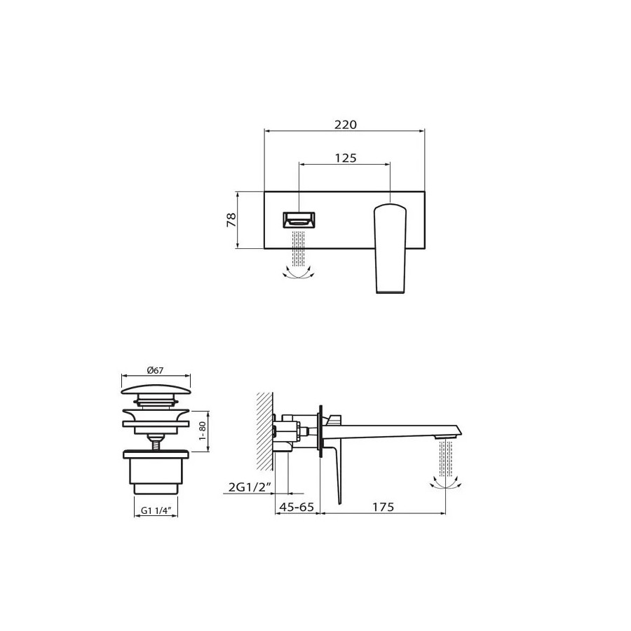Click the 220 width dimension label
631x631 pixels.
(x=346, y=125)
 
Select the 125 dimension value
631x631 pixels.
(x=346, y=158)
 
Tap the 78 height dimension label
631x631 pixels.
(x=231, y=219)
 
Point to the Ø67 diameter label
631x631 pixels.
(x=156, y=370)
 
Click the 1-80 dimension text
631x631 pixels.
(x=203, y=431)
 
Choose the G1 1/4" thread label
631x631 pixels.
(x=156, y=510)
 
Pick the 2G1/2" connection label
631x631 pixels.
(x=249, y=487)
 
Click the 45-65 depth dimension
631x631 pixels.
(x=296, y=507)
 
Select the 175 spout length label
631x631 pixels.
(x=383, y=507)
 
